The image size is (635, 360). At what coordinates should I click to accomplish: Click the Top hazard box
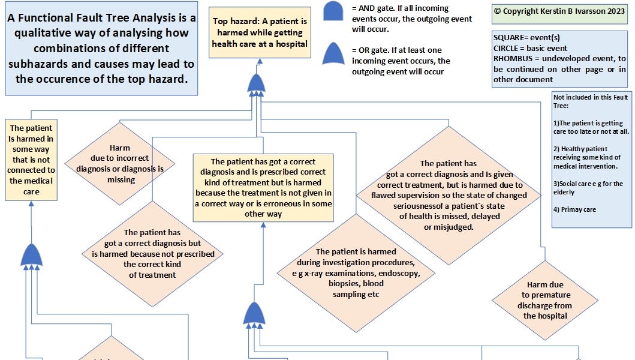(260, 33)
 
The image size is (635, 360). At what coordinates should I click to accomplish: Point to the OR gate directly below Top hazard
(256, 83)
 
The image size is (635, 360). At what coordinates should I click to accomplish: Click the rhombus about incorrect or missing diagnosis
(120, 163)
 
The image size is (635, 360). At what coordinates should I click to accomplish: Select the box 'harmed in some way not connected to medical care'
(31, 160)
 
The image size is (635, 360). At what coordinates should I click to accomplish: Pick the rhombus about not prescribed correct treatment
(152, 253)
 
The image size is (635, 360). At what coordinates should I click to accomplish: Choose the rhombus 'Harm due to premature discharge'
(545, 300)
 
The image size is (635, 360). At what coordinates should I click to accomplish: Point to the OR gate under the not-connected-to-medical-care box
(31, 256)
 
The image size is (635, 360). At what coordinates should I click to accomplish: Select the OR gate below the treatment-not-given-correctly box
(254, 314)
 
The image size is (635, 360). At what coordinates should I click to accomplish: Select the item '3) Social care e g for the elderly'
(591, 188)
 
